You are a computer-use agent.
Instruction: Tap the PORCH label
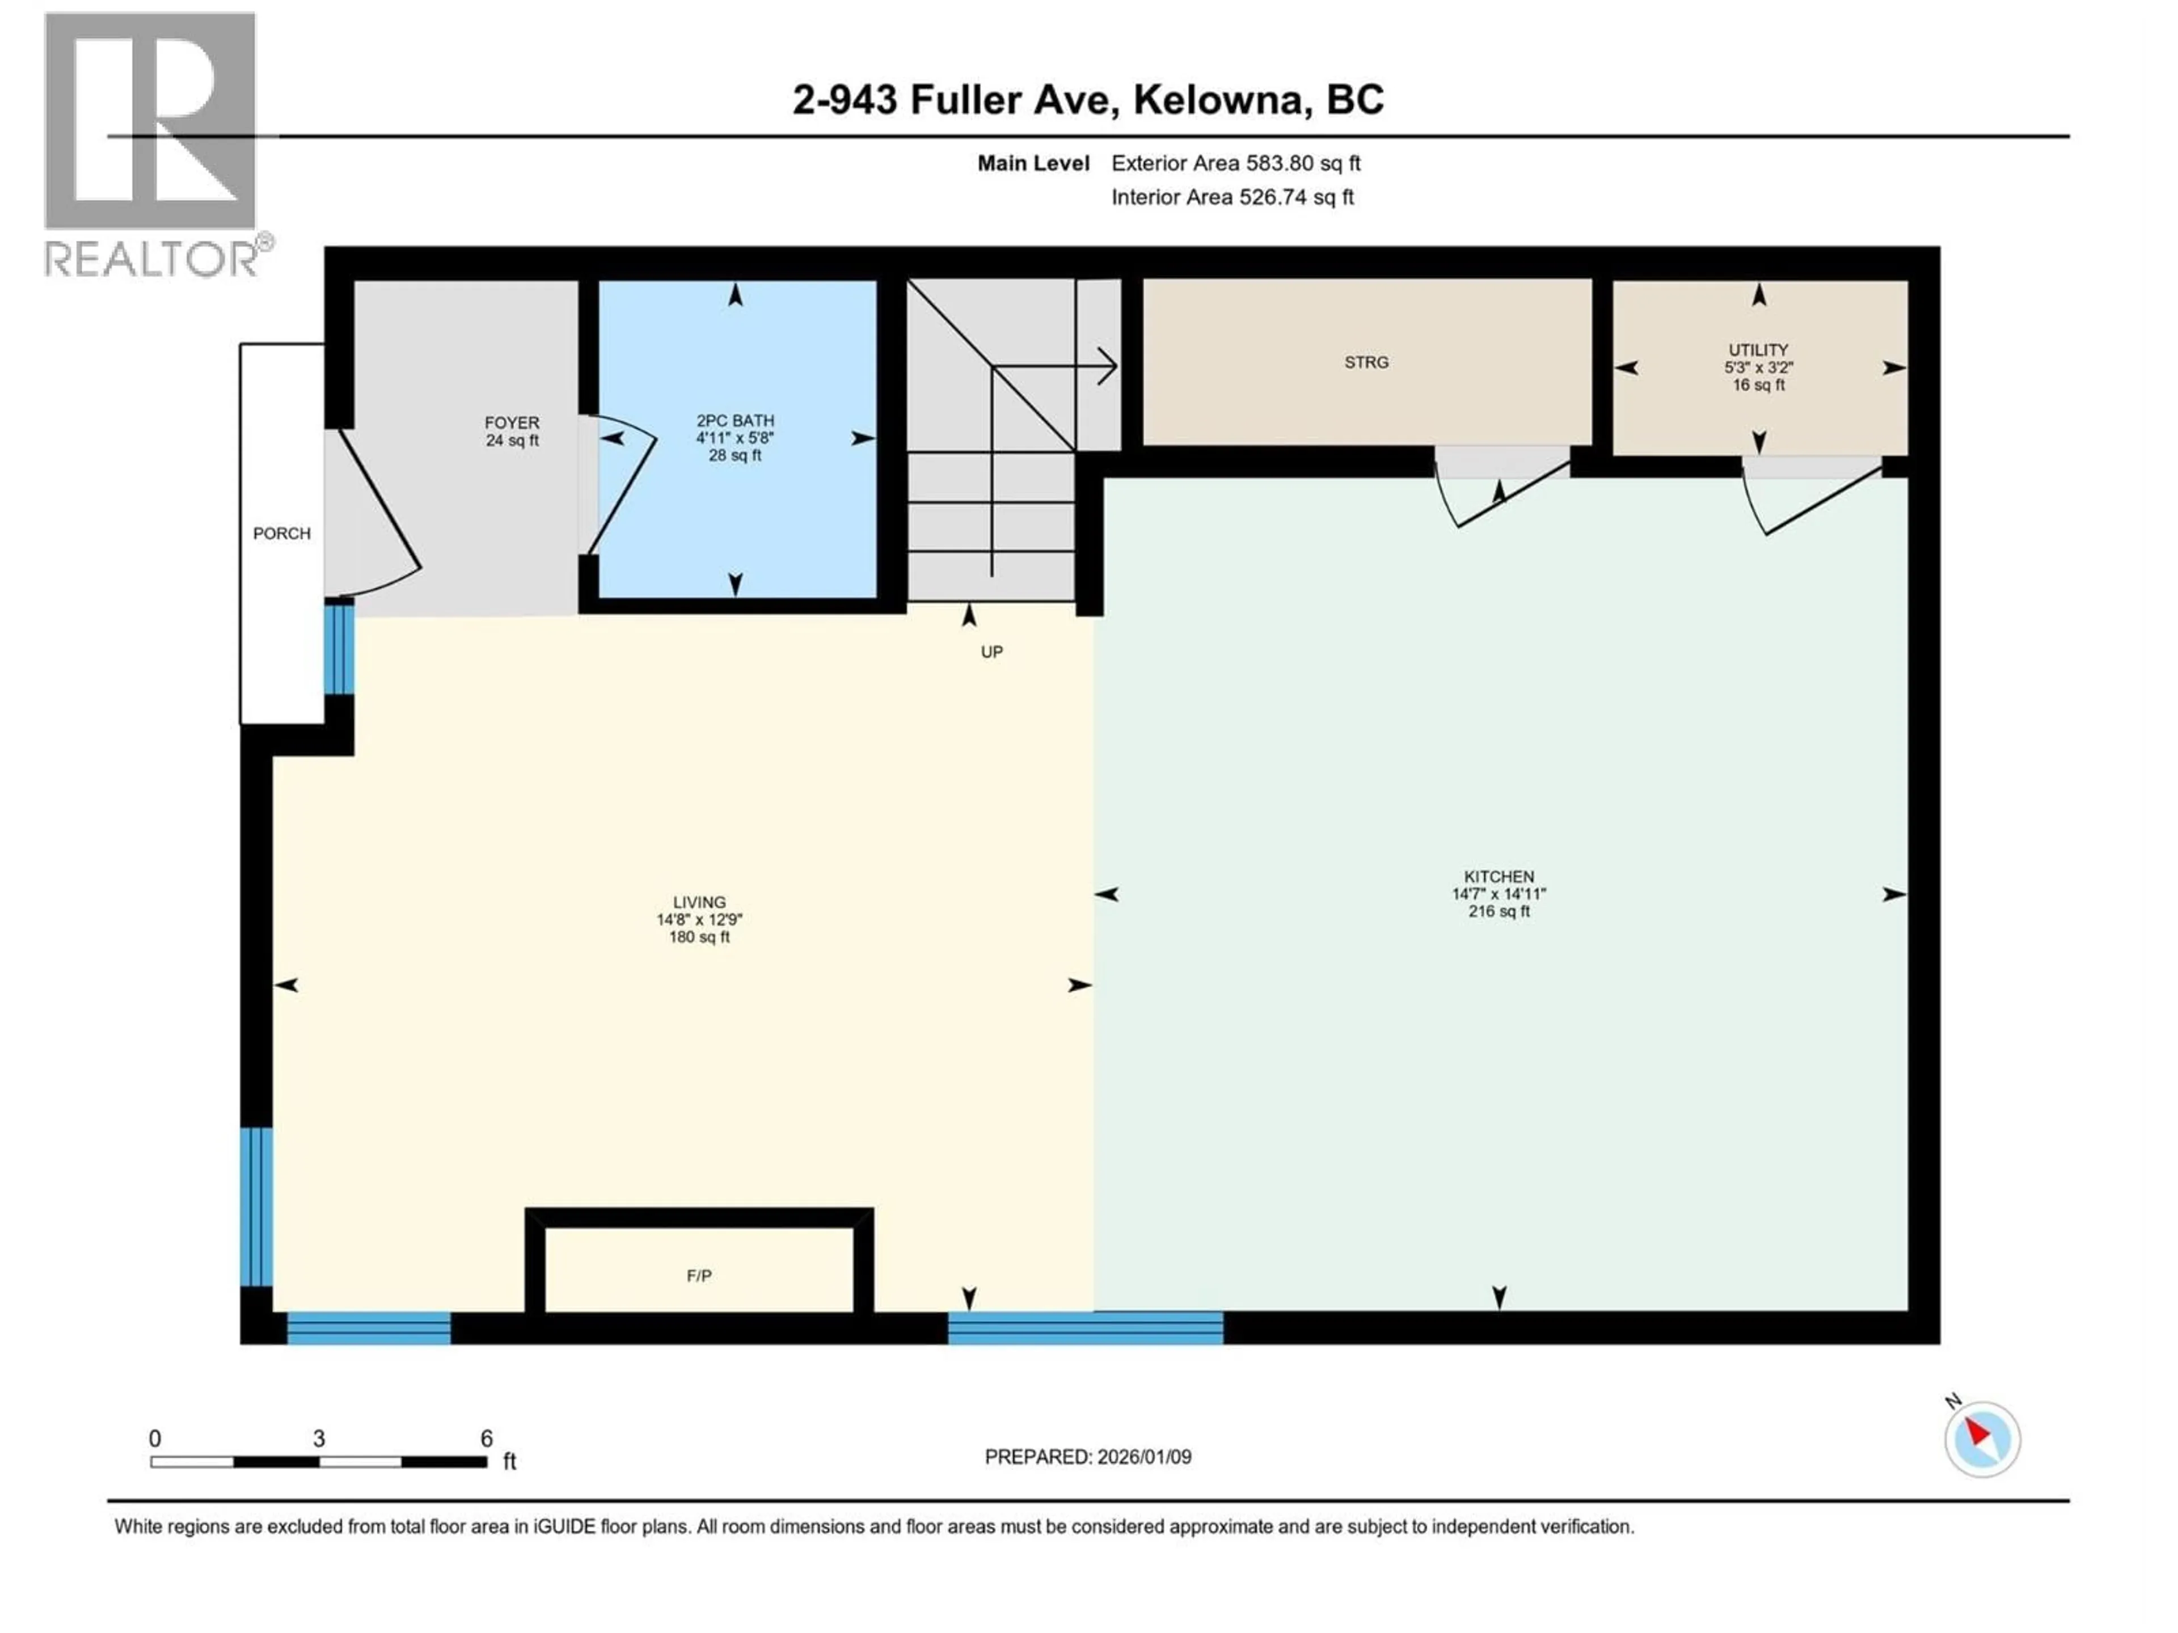tap(281, 534)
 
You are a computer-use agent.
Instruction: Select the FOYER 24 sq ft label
tap(512, 431)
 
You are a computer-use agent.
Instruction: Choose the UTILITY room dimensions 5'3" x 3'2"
tap(1758, 367)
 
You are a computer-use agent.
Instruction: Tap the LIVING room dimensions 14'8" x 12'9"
tap(699, 919)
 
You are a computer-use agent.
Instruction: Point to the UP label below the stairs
tap(991, 651)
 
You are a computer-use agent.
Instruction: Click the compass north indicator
tap(1982, 1439)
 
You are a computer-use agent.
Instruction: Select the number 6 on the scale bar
tap(487, 1438)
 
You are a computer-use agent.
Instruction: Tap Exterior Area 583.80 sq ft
tap(1236, 163)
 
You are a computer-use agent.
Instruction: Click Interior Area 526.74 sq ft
tap(1232, 197)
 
